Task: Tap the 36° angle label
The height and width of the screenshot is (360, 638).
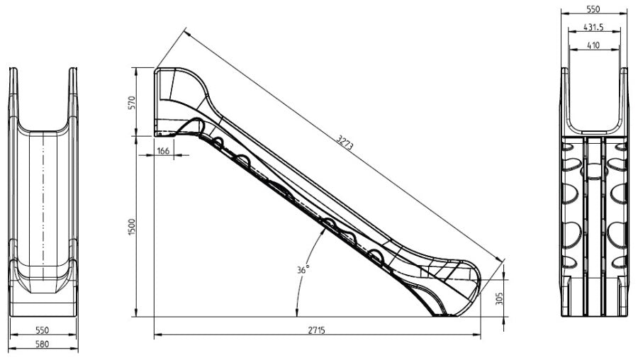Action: tap(303, 269)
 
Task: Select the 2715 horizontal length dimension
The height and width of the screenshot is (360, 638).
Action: tap(316, 330)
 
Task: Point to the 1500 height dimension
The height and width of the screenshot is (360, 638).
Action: tap(131, 227)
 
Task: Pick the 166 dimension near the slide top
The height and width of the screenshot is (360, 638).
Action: tap(163, 151)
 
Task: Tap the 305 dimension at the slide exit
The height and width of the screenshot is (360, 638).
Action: tap(500, 298)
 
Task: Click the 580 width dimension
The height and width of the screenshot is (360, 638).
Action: tap(42, 344)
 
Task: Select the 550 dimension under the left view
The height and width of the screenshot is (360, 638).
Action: tap(42, 330)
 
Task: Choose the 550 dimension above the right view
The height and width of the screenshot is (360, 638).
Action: tap(593, 9)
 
